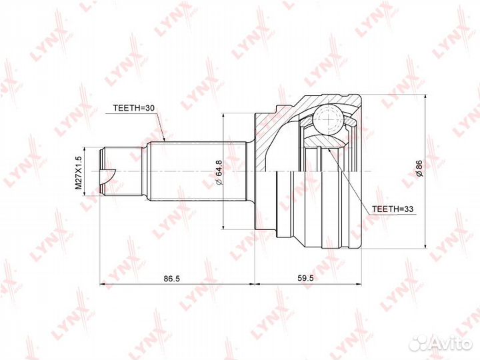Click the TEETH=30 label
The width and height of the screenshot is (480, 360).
coord(135,108)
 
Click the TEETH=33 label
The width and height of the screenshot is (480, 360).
coord(393,209)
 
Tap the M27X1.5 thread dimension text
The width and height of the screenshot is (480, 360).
coord(79,173)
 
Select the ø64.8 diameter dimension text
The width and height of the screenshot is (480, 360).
coord(219,172)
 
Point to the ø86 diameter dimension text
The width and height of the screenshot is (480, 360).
coord(419,168)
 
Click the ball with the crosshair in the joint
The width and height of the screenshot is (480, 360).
coord(328,120)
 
